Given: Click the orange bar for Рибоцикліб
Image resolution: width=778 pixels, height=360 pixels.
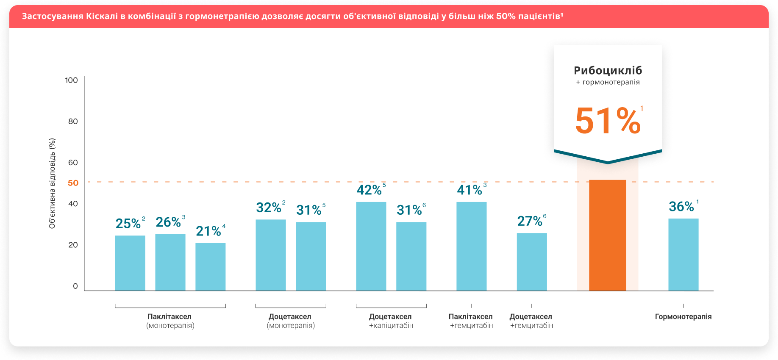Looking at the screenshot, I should [x=607, y=235].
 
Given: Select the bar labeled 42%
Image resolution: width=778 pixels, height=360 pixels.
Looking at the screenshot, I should [x=371, y=246].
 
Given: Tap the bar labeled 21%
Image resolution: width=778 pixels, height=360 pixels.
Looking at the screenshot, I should [x=210, y=267].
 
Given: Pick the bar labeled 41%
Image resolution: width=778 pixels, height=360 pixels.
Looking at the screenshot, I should [x=471, y=246].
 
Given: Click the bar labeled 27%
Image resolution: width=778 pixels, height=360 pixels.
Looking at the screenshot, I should [x=531, y=262].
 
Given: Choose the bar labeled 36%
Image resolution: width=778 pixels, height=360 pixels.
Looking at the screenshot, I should [x=683, y=255].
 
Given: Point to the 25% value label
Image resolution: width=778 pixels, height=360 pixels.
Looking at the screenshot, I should [x=128, y=223].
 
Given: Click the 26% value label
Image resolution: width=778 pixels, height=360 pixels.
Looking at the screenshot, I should [x=168, y=222].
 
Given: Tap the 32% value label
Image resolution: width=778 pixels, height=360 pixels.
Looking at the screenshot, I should [x=269, y=208].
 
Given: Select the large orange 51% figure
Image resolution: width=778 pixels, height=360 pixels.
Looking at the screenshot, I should [x=607, y=121].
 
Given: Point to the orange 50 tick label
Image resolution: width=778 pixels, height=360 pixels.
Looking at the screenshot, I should [x=73, y=183].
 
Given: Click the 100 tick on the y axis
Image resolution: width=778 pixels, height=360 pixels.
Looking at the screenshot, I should [x=71, y=80].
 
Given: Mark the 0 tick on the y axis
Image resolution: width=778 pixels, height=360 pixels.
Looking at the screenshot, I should [x=75, y=286].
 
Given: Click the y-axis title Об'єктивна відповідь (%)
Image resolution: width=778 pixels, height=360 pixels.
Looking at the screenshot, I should [x=52, y=183].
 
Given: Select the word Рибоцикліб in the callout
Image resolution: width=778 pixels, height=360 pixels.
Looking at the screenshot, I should [x=608, y=70].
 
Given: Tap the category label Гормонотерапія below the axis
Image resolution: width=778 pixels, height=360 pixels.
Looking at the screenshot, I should [x=683, y=316].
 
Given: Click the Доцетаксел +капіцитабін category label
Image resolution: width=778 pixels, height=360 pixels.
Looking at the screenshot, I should [x=391, y=321].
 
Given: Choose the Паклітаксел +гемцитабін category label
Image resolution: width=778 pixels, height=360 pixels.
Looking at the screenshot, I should [x=471, y=321].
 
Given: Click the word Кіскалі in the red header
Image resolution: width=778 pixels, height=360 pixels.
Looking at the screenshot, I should [x=102, y=16].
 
